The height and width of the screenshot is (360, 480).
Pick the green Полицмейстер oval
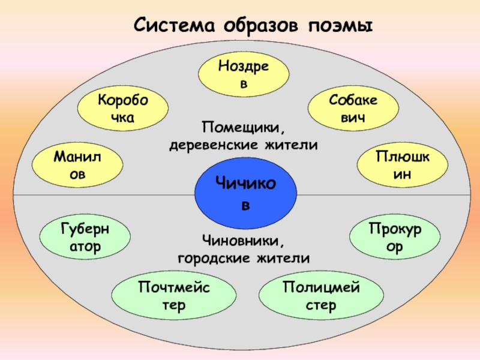point(321,296)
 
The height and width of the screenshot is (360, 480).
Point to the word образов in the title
point(262,26)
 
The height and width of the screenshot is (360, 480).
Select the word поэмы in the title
point(340,26)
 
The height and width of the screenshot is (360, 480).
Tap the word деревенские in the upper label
point(214,145)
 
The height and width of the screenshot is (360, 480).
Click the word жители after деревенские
point(292,145)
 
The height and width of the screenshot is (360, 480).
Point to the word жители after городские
point(285,259)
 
